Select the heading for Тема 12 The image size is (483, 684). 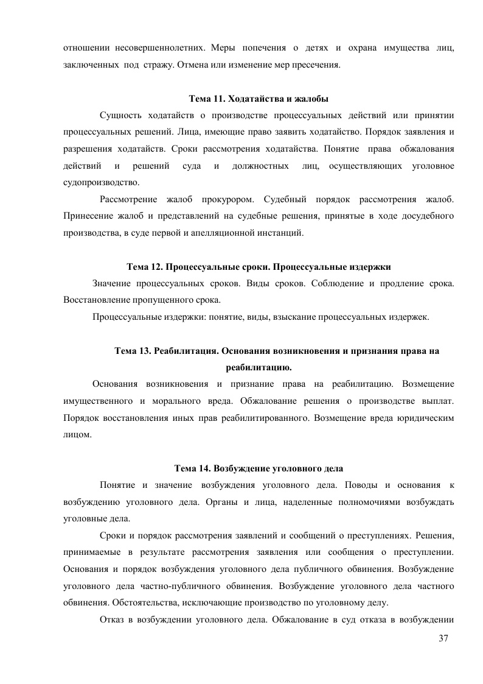click(259, 267)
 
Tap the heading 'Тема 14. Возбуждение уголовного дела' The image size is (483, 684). click(259, 468)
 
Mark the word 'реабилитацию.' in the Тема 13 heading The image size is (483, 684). click(259, 367)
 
